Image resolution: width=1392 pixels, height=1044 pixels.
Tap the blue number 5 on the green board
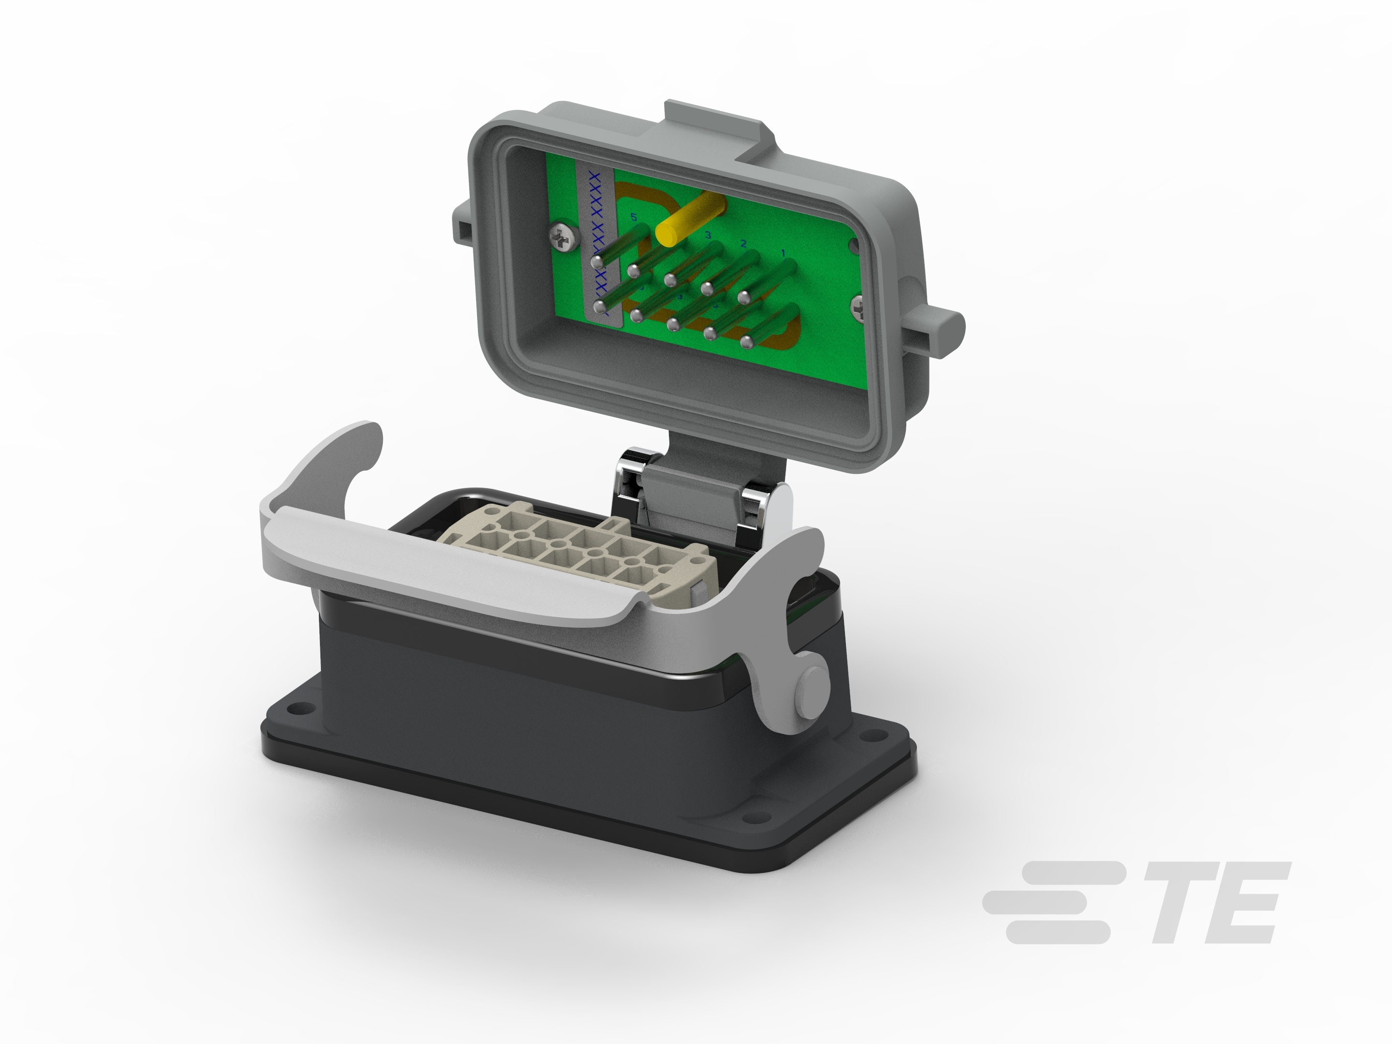[634, 217]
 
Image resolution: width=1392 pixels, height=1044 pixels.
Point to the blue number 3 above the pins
[708, 235]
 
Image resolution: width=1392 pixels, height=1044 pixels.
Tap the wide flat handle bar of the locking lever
[440, 566]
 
